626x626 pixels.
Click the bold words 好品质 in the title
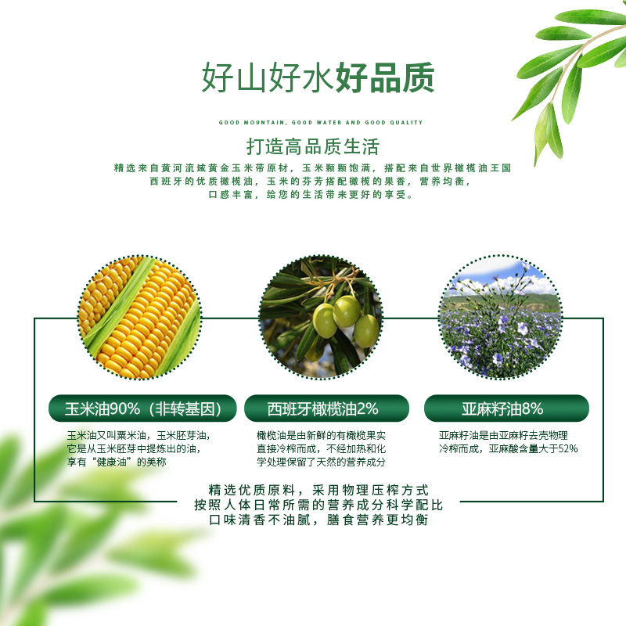(385, 77)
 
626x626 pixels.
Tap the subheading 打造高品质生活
(312, 146)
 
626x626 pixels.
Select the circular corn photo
(139, 317)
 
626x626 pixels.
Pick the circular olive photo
(321, 317)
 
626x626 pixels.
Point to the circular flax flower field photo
(500, 317)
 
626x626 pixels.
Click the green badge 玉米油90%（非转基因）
(142, 408)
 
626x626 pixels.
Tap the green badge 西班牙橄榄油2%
(326, 408)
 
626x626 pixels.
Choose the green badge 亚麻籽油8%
(506, 408)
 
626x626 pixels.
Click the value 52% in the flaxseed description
(568, 448)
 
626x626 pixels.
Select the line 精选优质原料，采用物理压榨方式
(318, 490)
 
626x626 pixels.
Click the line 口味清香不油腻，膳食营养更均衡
(318, 520)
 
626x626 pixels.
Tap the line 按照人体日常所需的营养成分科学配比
(318, 505)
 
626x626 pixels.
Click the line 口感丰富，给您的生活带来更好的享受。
(311, 194)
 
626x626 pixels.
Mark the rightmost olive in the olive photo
(366, 331)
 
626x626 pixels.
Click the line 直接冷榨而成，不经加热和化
(321, 448)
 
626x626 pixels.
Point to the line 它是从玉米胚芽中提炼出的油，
(134, 448)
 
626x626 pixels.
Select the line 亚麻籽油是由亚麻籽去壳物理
(503, 435)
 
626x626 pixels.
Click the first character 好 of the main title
(218, 77)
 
